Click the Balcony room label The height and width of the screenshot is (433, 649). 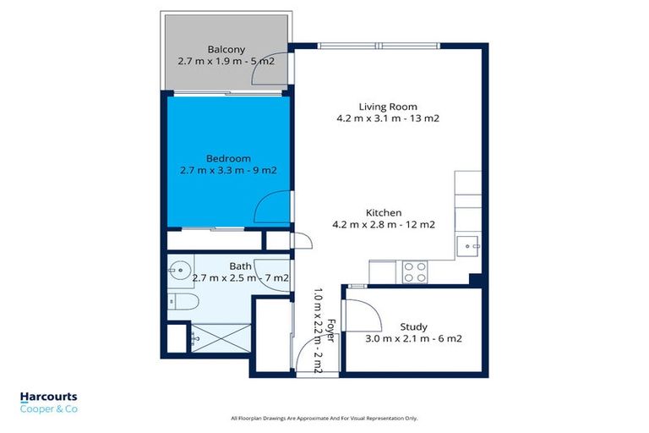point(226,48)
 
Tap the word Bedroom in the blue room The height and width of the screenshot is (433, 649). point(229,157)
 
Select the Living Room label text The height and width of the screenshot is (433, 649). point(388,107)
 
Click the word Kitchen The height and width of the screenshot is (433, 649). point(383,212)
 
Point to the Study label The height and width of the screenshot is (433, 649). point(413,326)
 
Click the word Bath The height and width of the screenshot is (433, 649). point(216,266)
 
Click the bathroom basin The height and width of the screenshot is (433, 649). point(179,273)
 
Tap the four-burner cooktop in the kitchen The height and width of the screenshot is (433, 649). point(414,271)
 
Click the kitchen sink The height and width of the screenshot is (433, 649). point(466,246)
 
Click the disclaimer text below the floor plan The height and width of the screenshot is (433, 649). point(324,418)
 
